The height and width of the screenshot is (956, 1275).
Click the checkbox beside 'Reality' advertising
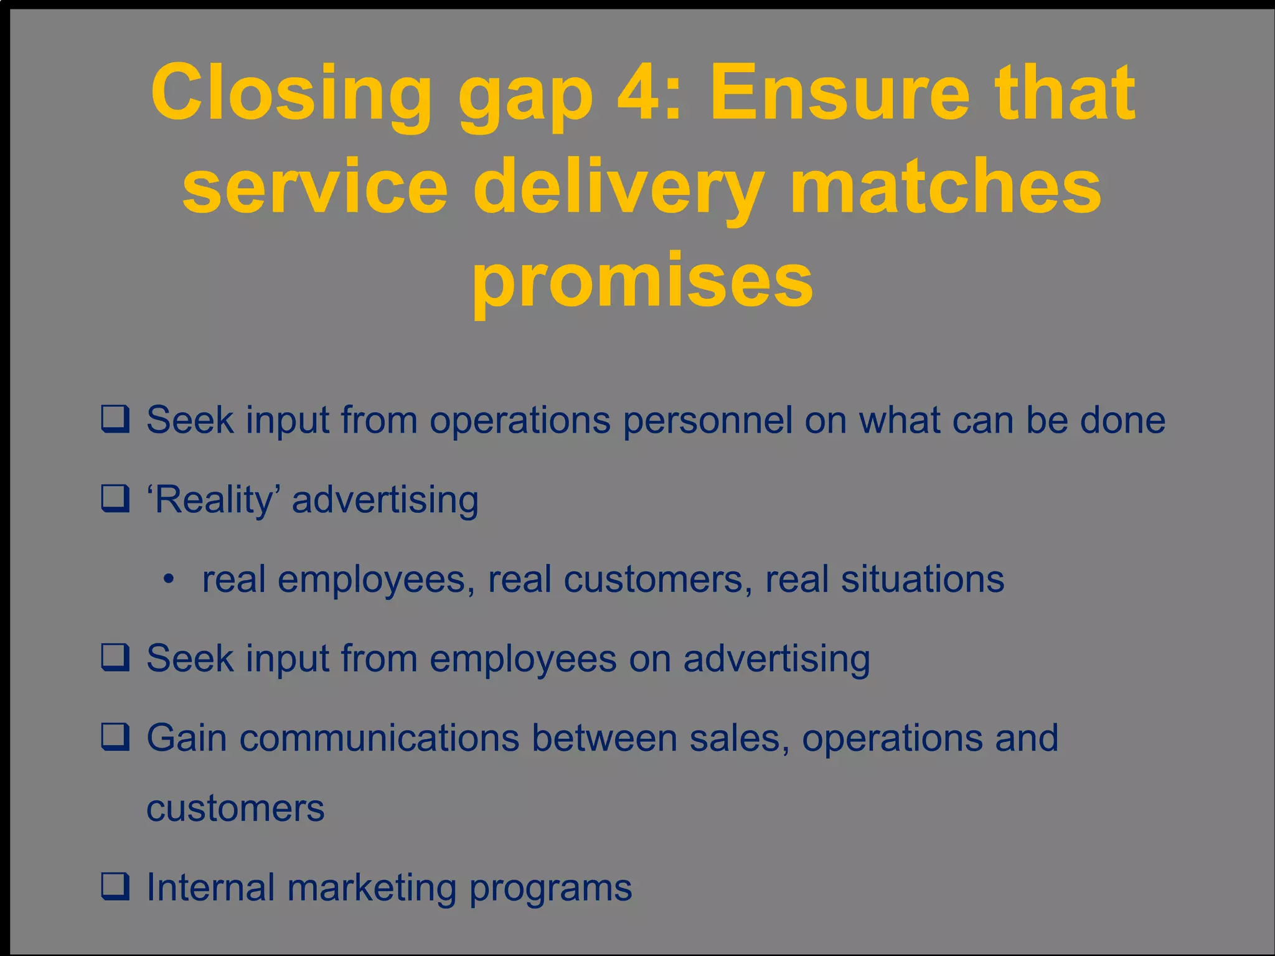point(116,499)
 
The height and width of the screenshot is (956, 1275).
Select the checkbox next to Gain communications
point(116,737)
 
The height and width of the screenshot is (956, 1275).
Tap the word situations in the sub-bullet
point(922,579)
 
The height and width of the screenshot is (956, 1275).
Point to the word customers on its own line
point(235,808)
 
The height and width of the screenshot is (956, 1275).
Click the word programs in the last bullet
point(550,888)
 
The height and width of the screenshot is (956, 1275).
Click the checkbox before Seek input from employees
point(116,658)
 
